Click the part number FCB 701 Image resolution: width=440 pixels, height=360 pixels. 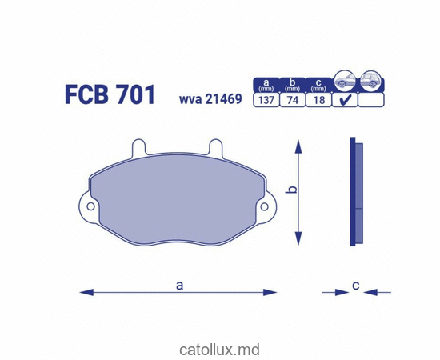coord(110,94)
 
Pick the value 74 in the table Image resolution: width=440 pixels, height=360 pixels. coord(294,101)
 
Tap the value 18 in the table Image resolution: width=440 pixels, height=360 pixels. coord(318,101)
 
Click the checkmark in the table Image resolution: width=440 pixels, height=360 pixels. coord(345,101)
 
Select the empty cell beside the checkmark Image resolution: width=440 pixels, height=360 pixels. coord(370,101)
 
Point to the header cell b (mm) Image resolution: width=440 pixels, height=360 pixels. coord(294,84)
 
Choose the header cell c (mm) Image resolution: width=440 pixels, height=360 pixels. coord(318,84)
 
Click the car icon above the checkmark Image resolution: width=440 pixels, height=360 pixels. coord(345,80)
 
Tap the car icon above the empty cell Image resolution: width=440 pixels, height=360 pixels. coord(370,80)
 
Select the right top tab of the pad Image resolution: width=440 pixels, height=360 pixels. coord(214,148)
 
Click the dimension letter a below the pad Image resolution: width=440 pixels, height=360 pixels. coord(179,284)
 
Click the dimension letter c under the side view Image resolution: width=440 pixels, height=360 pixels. coord(354,284)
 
